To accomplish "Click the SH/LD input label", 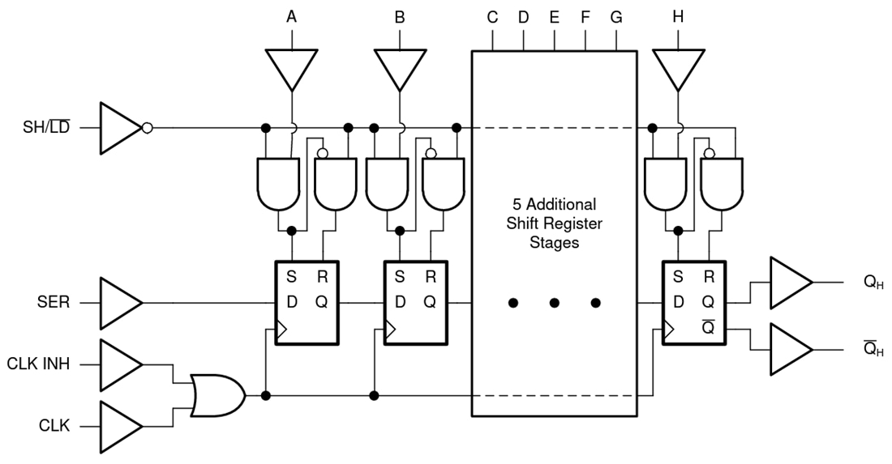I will pos(45,128).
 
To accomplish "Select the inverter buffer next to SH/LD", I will pos(120,128).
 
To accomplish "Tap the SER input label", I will pos(54,303).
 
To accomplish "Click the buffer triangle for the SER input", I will pos(120,303).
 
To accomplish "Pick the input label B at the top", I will pos(399,15).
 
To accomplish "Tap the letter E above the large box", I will pos(554,15).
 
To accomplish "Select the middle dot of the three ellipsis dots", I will pos(554,303).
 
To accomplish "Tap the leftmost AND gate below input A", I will pos(277,182).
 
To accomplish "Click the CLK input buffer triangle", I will pos(120,425).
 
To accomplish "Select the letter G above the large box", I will pos(616,15).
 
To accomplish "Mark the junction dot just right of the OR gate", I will pos(266,395).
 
